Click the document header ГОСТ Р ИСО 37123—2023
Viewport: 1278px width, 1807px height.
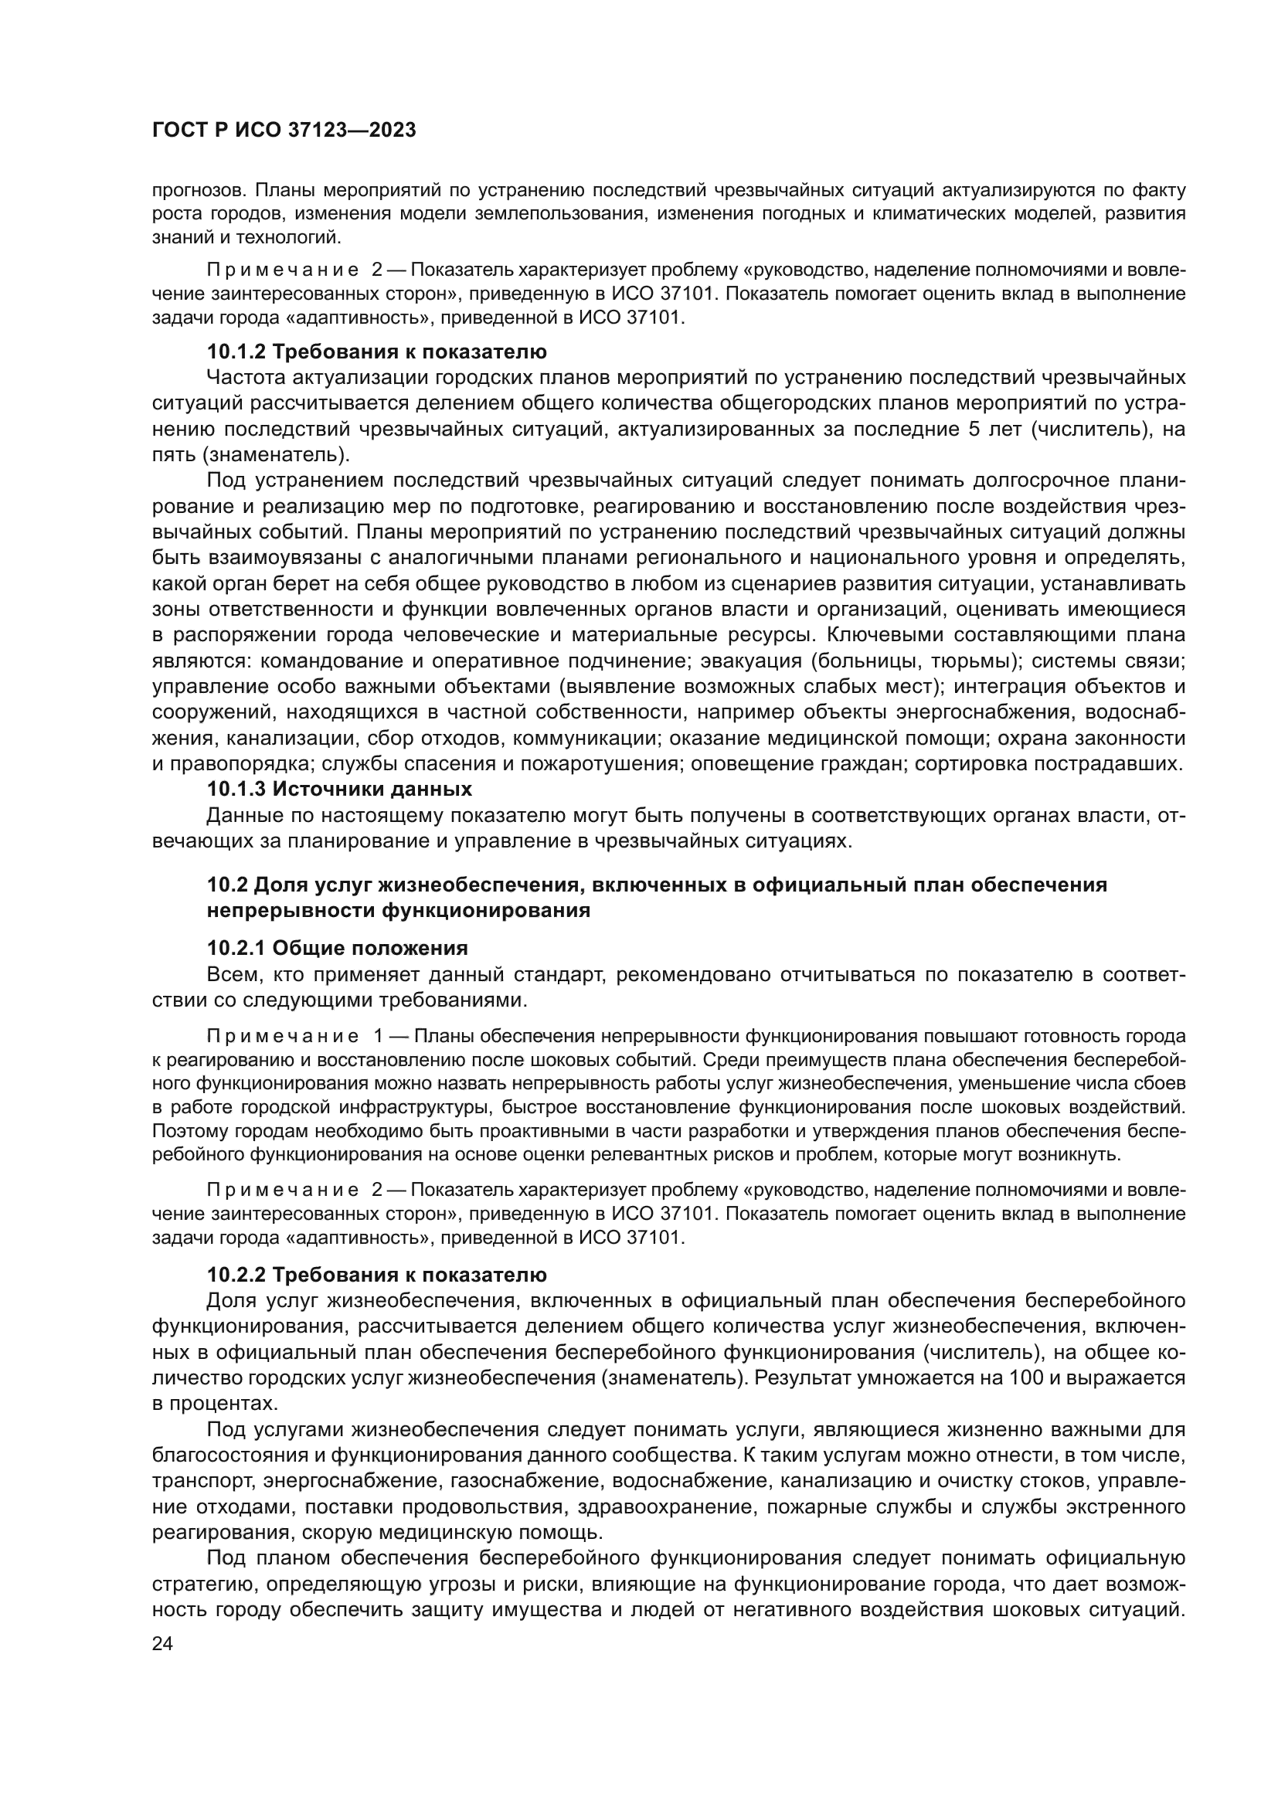(x=284, y=131)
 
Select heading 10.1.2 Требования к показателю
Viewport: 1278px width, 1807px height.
(x=376, y=351)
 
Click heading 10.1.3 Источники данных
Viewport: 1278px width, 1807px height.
(x=339, y=789)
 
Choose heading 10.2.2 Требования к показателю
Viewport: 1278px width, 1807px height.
(x=376, y=1274)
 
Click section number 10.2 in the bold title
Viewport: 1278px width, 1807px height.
(x=227, y=885)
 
